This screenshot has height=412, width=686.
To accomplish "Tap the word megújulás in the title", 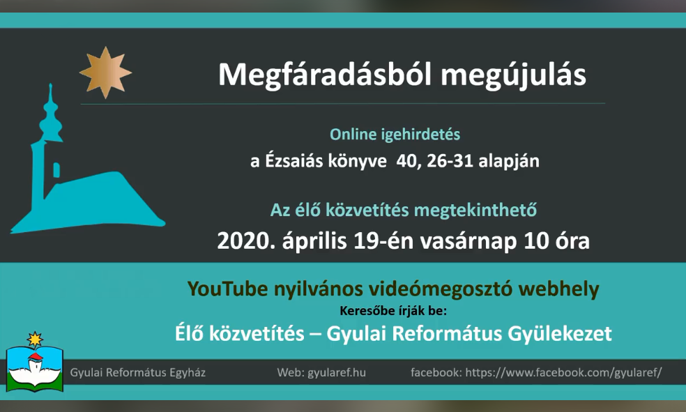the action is pos(513,75).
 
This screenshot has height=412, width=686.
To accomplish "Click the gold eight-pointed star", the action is pos(105,73).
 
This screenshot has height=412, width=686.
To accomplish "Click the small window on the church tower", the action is pos(56,169).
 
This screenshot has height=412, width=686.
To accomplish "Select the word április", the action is pos(314,241).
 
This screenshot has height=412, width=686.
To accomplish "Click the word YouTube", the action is pos(227,289).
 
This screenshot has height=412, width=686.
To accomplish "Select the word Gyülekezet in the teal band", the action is pos(560,334).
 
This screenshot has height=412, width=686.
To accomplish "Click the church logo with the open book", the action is pos(35,362).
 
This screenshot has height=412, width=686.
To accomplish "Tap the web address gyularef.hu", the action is pos(337,373).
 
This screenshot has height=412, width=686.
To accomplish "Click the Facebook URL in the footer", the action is pos(563,373).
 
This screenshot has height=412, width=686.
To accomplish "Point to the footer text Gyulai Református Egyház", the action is pos(138,373).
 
